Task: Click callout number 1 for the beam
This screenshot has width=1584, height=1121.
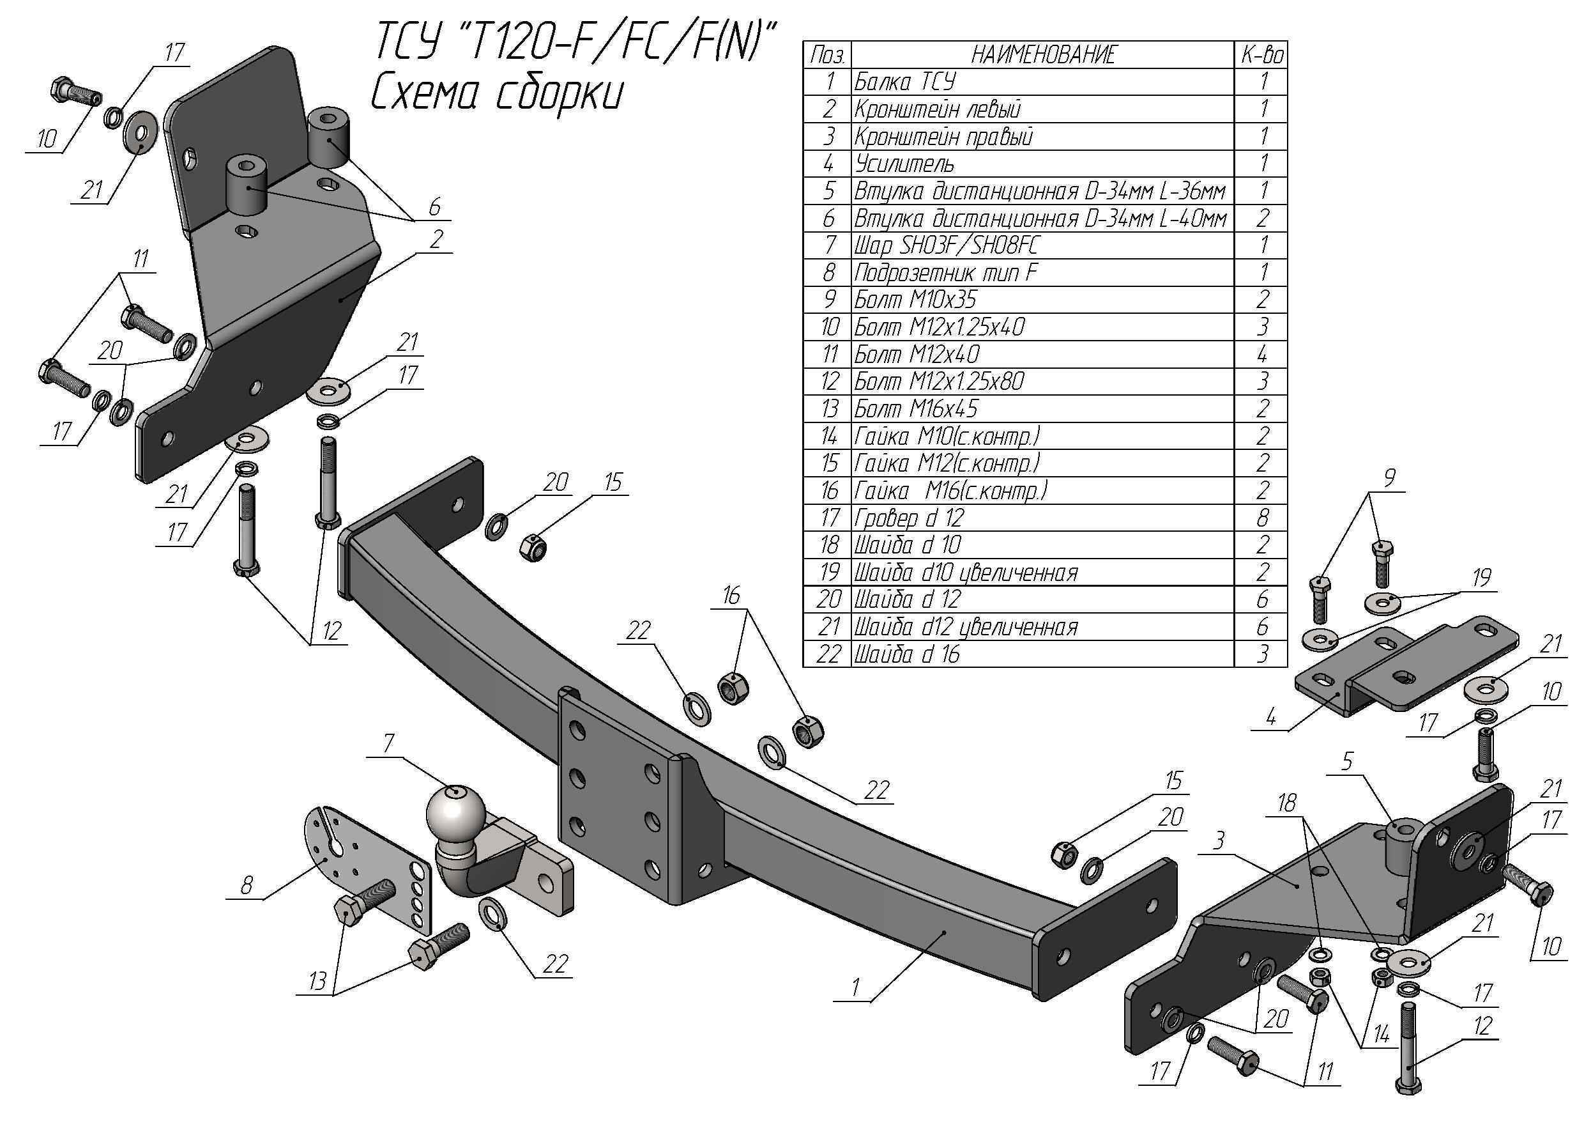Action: [x=856, y=987]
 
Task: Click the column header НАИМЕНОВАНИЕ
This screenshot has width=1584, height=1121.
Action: [x=1042, y=55]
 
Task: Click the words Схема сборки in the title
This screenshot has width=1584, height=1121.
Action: [x=497, y=95]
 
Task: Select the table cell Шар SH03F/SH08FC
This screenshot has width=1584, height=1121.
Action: [x=947, y=245]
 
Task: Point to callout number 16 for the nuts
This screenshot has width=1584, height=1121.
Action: [x=731, y=595]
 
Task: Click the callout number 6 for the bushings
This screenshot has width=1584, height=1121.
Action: [x=434, y=206]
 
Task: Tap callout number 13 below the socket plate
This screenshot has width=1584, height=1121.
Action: [x=317, y=981]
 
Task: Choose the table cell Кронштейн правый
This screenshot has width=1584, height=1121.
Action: [x=944, y=137]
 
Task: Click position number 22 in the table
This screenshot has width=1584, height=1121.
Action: [x=828, y=654]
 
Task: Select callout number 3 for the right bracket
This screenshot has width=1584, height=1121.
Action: [x=1219, y=840]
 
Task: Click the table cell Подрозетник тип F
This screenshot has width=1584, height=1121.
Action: [x=945, y=274]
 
